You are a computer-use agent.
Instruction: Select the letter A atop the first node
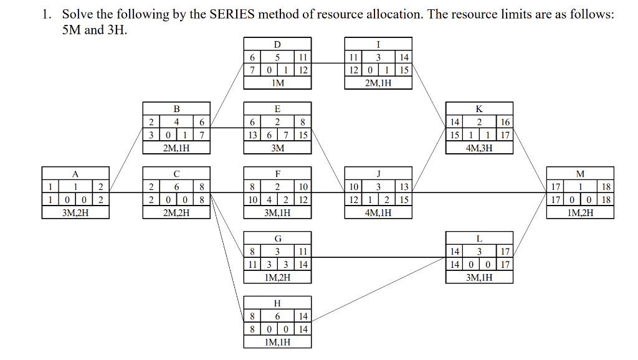[75, 174]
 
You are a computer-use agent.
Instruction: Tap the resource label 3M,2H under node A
[75, 212]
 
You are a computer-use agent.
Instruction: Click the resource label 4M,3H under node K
[479, 148]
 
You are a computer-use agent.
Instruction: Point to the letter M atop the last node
[580, 174]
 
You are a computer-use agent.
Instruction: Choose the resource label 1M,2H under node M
[580, 212]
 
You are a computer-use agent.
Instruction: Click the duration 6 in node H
[277, 316]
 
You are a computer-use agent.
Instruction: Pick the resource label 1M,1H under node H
[277, 341]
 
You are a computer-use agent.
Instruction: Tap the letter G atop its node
[277, 239]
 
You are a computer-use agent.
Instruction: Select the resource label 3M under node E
[277, 148]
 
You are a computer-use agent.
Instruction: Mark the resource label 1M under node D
[277, 83]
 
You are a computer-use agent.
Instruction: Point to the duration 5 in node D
[277, 57]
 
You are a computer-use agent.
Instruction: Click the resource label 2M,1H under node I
[378, 83]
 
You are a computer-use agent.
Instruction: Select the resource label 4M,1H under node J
[378, 212]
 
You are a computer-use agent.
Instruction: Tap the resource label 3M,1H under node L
[479, 277]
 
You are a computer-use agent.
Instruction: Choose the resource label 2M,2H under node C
[176, 212]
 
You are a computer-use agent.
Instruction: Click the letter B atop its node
[176, 109]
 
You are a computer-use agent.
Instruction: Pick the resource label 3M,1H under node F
[277, 212]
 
